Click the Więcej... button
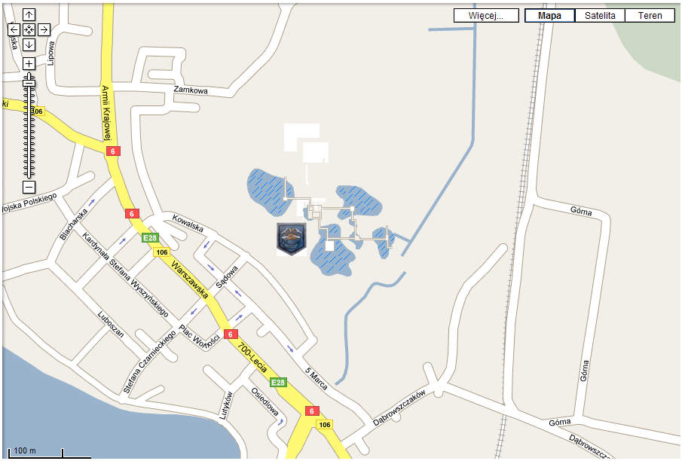pos(486,16)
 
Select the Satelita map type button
pos(600,16)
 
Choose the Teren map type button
pos(650,16)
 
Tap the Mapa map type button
pos(549,16)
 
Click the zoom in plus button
pos(29,63)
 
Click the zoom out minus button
pos(29,186)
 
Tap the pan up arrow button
pos(29,15)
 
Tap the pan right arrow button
pos(44,29)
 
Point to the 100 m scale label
pos(25,450)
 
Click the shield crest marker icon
pos(292,237)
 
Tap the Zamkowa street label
pos(190,90)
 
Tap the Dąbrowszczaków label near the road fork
pos(399,408)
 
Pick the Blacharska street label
pos(74,224)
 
